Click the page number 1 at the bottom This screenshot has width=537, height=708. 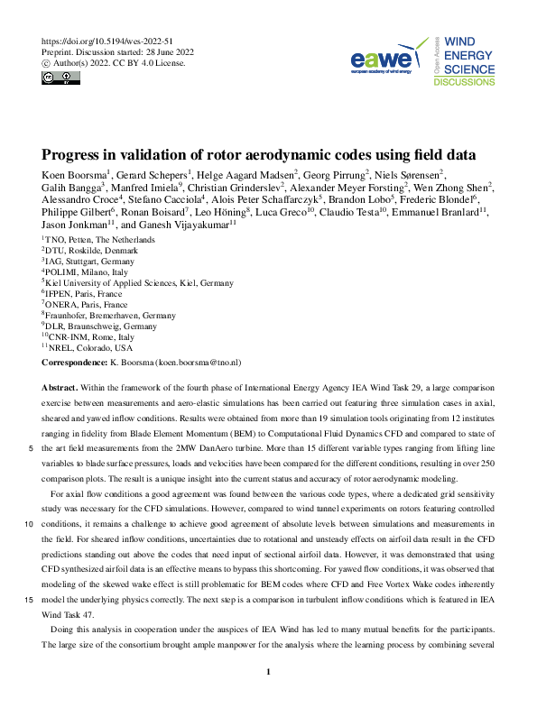(268, 672)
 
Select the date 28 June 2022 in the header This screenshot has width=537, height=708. (169, 53)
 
